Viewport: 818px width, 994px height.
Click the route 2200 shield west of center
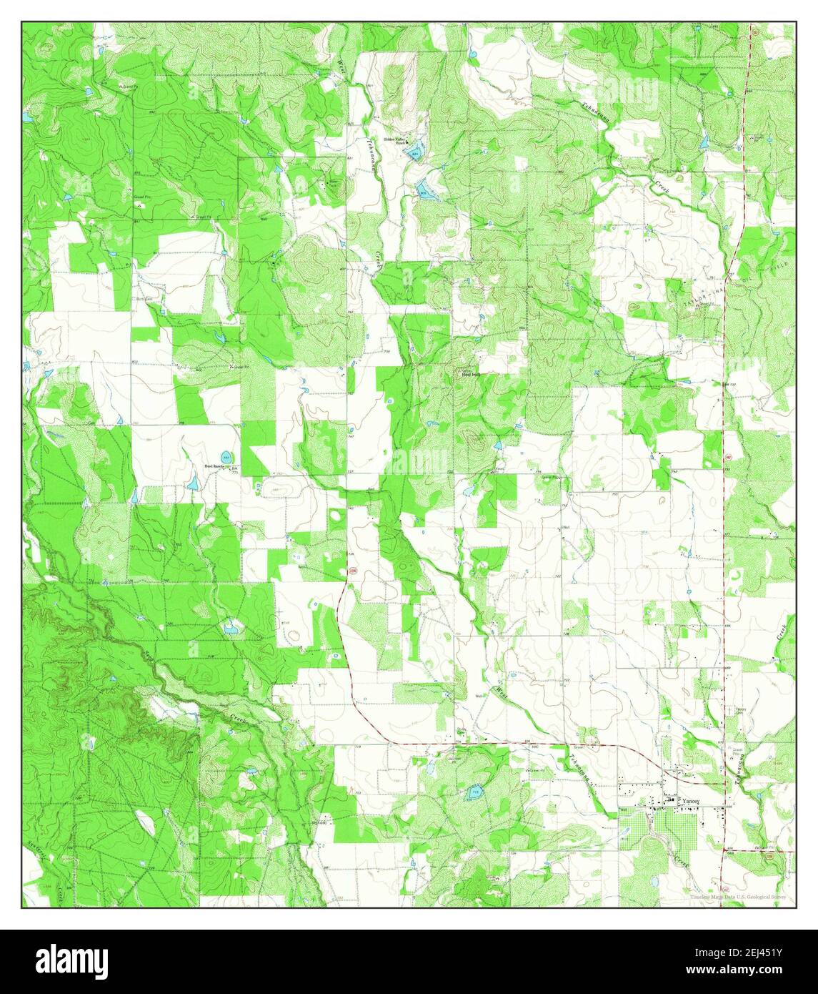pos(352,571)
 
